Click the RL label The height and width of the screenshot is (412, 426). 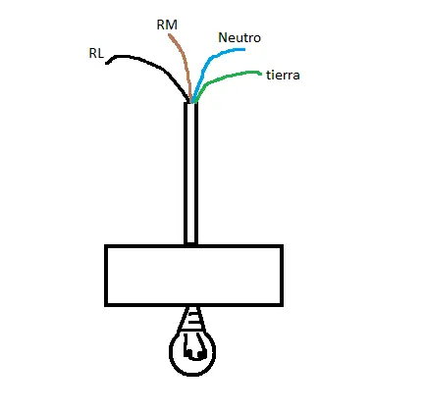coord(96,53)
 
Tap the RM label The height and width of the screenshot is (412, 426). coord(167,25)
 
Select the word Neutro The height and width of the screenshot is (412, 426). coord(240,37)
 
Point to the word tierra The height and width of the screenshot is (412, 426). coord(283,76)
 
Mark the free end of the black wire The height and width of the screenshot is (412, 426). coord(107,63)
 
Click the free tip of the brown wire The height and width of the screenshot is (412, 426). coord(170,35)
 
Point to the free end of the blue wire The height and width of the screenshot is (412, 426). coord(244,49)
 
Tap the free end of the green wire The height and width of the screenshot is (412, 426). coord(261,74)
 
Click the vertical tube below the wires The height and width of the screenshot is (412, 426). coord(190,174)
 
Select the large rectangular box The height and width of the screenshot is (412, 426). coord(193,276)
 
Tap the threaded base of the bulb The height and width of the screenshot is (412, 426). coord(192,319)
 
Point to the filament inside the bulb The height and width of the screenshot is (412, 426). coord(193,347)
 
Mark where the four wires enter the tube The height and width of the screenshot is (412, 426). coord(192,102)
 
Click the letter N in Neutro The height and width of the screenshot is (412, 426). coord(222,37)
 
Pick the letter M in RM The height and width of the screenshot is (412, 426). coord(172,25)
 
